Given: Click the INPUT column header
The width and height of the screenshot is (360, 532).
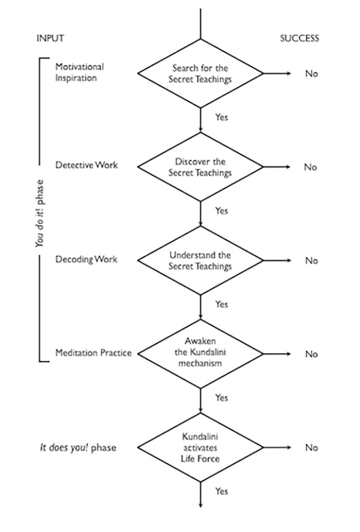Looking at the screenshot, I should click(x=50, y=38).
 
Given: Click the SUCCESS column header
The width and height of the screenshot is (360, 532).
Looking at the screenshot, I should click(x=299, y=38).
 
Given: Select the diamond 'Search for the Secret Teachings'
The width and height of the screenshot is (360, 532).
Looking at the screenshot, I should click(x=200, y=74).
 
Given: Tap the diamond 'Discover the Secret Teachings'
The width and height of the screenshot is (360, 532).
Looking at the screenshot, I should click(x=200, y=167).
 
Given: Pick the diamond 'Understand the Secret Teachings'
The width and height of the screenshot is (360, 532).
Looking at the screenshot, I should click(x=200, y=261).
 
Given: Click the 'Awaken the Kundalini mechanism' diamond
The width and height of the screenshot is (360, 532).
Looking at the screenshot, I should click(x=200, y=354).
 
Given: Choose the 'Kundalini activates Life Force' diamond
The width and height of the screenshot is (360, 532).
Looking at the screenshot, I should click(x=200, y=447).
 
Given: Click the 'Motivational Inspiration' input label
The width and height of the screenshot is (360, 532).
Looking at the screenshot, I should click(x=79, y=72).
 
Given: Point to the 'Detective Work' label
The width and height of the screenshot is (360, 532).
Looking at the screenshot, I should click(x=86, y=165).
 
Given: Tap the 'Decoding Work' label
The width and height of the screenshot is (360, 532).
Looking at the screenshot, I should click(x=86, y=259).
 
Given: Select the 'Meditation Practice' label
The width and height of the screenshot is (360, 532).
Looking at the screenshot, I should click(x=93, y=352).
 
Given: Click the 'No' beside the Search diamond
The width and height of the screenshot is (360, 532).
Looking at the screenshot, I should click(x=311, y=74).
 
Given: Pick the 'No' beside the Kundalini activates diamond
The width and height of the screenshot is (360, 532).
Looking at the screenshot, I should click(x=311, y=448).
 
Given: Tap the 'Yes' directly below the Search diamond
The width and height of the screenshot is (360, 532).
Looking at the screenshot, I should click(x=221, y=117).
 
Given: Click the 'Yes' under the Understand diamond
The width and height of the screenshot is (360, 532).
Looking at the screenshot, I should click(x=221, y=304).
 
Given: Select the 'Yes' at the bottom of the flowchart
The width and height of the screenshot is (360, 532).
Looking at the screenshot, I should click(x=221, y=491).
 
